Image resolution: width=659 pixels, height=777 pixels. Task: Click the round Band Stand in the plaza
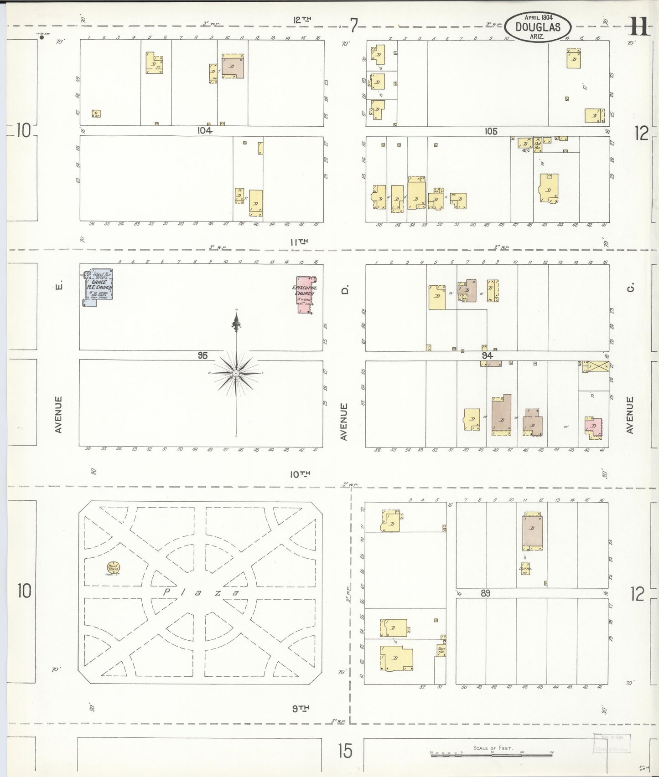coord(113,568)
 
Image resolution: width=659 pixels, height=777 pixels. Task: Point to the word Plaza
coord(201,592)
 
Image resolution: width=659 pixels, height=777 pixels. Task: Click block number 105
coord(491,131)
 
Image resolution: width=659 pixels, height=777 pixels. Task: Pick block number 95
coord(202,355)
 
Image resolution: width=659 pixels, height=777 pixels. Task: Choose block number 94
coord(487,355)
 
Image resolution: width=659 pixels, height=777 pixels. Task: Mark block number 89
coord(485,593)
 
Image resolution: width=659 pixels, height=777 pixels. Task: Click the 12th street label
coord(302,20)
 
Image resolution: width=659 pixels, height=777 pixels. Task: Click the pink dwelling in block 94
coord(593,427)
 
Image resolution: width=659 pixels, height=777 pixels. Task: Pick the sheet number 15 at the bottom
coord(345,751)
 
